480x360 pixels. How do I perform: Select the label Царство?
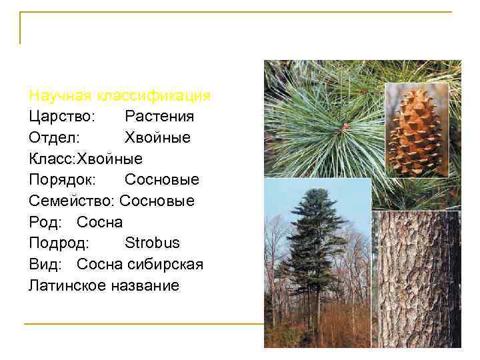pos(63,117)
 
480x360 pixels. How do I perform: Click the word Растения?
pos(159,117)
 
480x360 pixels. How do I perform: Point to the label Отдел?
pos(55,138)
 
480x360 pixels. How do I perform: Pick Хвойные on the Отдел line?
pos(157,138)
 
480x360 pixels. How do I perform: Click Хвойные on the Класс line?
pos(110,159)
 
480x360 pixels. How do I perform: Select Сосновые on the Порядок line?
pos(162,180)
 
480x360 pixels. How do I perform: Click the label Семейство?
pos(72,201)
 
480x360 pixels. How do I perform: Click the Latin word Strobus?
pos(152,243)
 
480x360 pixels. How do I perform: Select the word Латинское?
pos(68,286)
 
